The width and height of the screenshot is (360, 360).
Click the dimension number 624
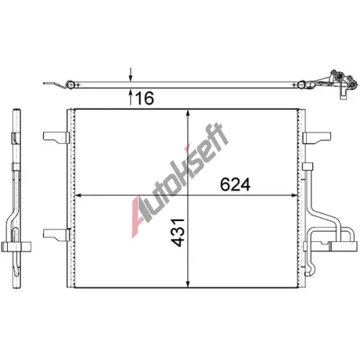click(235, 184)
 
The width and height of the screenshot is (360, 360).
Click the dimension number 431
click(178, 233)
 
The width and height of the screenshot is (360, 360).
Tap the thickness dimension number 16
click(144, 98)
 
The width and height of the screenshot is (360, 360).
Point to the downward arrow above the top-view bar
click(130, 74)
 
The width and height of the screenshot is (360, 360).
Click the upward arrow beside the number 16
click(130, 97)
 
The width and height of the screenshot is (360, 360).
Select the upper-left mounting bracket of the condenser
click(56, 138)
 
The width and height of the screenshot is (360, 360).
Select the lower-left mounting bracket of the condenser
click(56, 234)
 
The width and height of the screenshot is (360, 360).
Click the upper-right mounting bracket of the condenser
click(317, 138)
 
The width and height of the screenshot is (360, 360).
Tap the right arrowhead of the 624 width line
click(294, 196)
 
